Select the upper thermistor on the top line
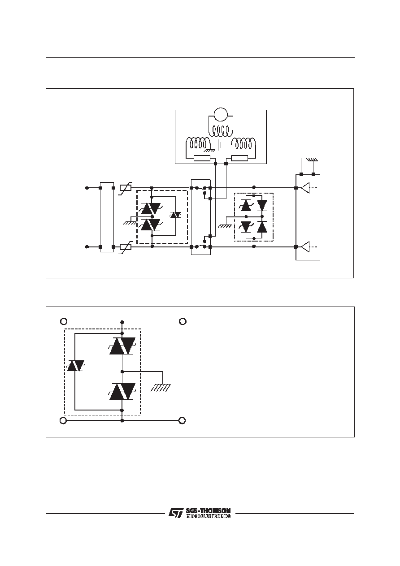(x=126, y=188)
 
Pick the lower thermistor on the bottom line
(x=126, y=247)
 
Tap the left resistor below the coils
(x=202, y=158)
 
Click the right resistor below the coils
(x=239, y=158)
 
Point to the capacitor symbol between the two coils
(x=220, y=145)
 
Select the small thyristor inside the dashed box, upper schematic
(x=175, y=215)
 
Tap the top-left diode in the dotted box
(x=246, y=205)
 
